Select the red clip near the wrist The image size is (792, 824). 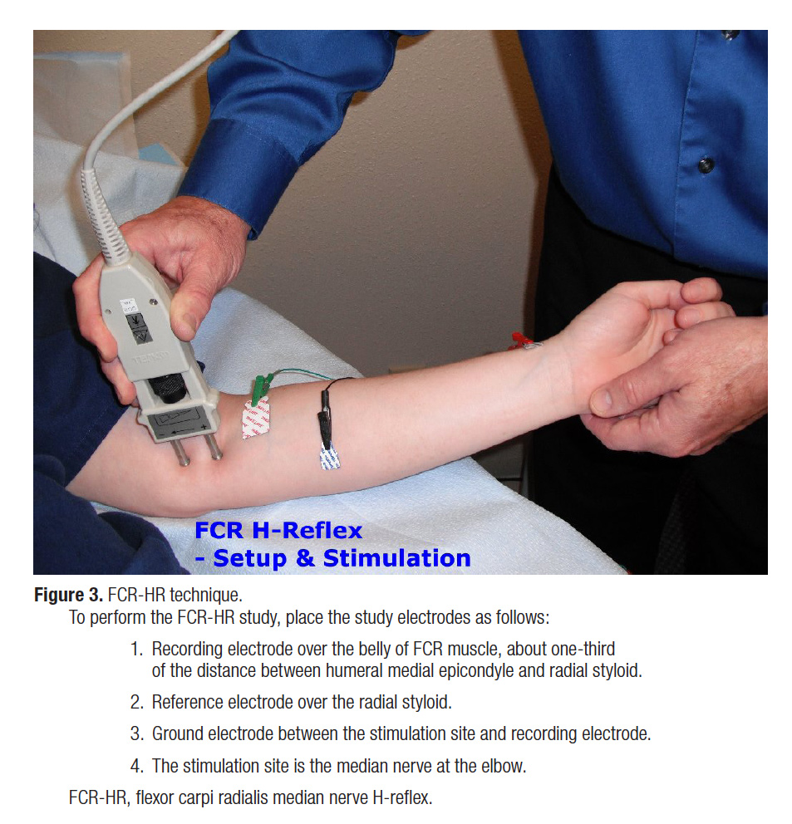point(519,341)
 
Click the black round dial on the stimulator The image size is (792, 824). point(168,390)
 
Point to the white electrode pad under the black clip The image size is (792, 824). point(329,456)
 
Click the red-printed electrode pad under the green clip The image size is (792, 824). point(256,417)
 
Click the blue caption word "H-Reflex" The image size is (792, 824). point(307,531)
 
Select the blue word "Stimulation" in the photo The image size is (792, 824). point(396,558)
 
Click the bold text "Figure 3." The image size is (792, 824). point(68,595)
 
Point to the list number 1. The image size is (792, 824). point(136,649)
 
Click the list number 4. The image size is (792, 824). point(136,766)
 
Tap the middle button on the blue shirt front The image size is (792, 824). point(706,165)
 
